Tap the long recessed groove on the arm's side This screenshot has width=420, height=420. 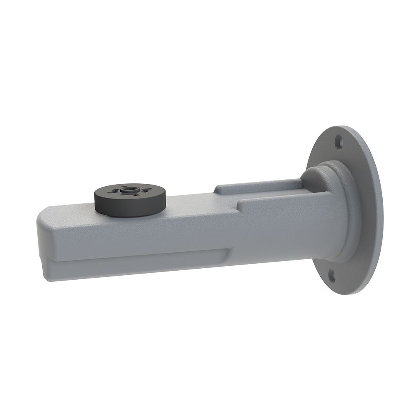tap(135, 258)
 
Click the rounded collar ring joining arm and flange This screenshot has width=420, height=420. tap(345, 213)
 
